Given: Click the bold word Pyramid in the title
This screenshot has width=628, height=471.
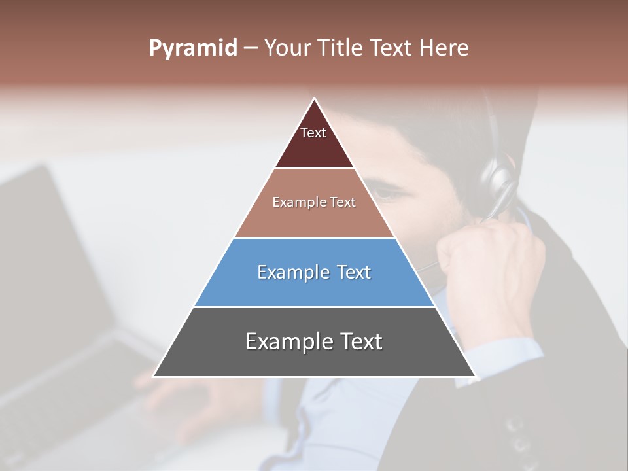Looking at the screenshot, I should coord(193,48).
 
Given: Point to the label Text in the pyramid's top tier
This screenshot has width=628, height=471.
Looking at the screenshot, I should coord(313,133).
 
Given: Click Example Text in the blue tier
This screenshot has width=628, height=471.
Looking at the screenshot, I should coord(314,272).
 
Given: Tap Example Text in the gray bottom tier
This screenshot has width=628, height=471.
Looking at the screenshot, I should coord(314,341).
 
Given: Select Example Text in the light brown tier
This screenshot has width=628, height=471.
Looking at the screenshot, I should coord(314,203).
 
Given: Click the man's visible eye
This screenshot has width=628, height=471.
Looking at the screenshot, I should coord(391,194).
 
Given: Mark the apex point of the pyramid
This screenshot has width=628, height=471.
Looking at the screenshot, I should coord(314,99).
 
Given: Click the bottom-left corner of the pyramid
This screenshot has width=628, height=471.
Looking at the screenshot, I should coord(154,375).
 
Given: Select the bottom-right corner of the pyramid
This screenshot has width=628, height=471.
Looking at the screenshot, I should coord(474,375).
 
